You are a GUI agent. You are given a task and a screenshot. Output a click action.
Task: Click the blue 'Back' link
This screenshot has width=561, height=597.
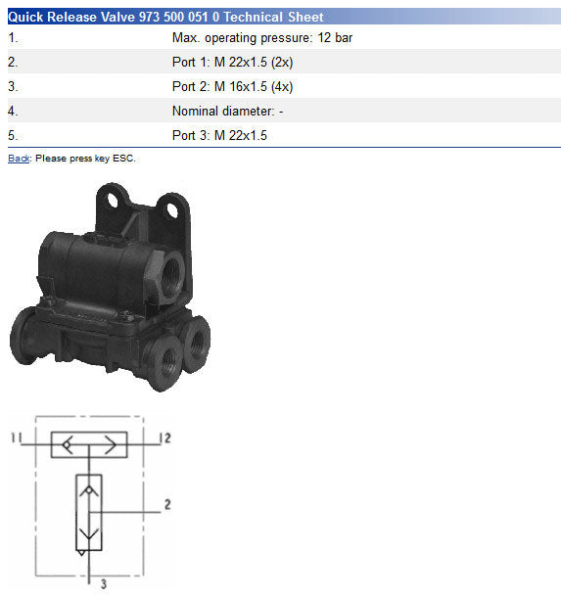(x=19, y=159)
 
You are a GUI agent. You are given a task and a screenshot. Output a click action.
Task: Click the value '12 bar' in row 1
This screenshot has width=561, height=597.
(x=335, y=38)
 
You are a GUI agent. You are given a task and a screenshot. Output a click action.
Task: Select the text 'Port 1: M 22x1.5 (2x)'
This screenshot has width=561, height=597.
(x=232, y=62)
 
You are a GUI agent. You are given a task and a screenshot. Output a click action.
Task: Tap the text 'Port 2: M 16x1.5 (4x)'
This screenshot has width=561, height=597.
(x=232, y=86)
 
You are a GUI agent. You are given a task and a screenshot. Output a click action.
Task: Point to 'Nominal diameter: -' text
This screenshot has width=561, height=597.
(x=228, y=112)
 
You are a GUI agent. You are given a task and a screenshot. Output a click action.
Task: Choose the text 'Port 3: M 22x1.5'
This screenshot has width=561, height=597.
(x=219, y=135)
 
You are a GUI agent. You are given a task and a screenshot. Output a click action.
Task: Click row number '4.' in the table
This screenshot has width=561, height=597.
(x=13, y=112)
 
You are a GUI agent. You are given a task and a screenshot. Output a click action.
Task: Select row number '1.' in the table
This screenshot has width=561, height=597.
(x=13, y=38)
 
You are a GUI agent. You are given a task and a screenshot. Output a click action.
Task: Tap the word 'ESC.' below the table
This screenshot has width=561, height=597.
(x=124, y=159)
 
